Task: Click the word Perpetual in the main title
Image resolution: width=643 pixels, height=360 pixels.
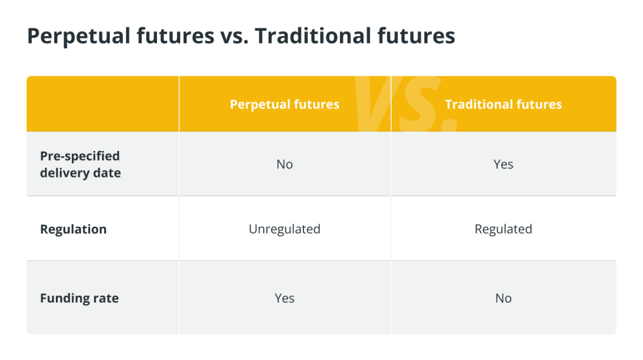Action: (x=80, y=36)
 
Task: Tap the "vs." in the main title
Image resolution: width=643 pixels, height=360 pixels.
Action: (x=234, y=35)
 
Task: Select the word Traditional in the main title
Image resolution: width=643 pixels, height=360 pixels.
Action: (x=313, y=35)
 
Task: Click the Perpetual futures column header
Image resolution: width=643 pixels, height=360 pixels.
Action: (x=285, y=105)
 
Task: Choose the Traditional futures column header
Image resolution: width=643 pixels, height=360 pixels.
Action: (x=503, y=105)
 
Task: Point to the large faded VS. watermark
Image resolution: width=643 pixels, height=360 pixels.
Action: (x=406, y=104)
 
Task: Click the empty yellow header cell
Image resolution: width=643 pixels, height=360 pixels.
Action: (x=103, y=104)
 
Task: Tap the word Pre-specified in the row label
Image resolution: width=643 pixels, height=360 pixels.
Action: (x=80, y=156)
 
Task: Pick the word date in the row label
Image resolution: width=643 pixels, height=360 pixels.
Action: (x=107, y=173)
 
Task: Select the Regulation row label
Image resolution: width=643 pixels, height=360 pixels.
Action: (x=73, y=230)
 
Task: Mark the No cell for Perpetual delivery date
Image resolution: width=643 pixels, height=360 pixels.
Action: (x=285, y=165)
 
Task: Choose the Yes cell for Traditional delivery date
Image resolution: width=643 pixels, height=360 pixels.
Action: (x=503, y=165)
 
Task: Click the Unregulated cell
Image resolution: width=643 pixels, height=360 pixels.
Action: (x=285, y=230)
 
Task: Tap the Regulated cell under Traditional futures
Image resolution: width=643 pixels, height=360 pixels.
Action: (x=503, y=230)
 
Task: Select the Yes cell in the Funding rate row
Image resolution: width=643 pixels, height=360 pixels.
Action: (x=285, y=298)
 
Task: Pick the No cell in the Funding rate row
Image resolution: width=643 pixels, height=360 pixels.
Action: (x=503, y=298)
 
